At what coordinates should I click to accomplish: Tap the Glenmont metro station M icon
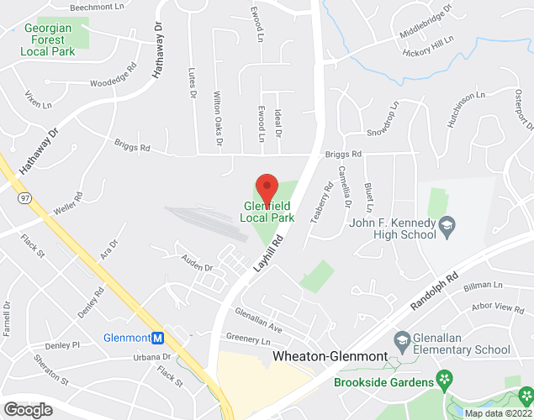[x=158, y=338]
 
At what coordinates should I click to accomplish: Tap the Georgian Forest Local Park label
[x=50, y=39]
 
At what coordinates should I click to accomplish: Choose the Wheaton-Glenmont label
[x=330, y=356]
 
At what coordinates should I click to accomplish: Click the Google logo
[x=28, y=409]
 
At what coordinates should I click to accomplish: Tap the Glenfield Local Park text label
[x=267, y=211]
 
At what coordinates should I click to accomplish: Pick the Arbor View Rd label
[x=497, y=308]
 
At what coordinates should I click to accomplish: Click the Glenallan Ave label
[x=258, y=313]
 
